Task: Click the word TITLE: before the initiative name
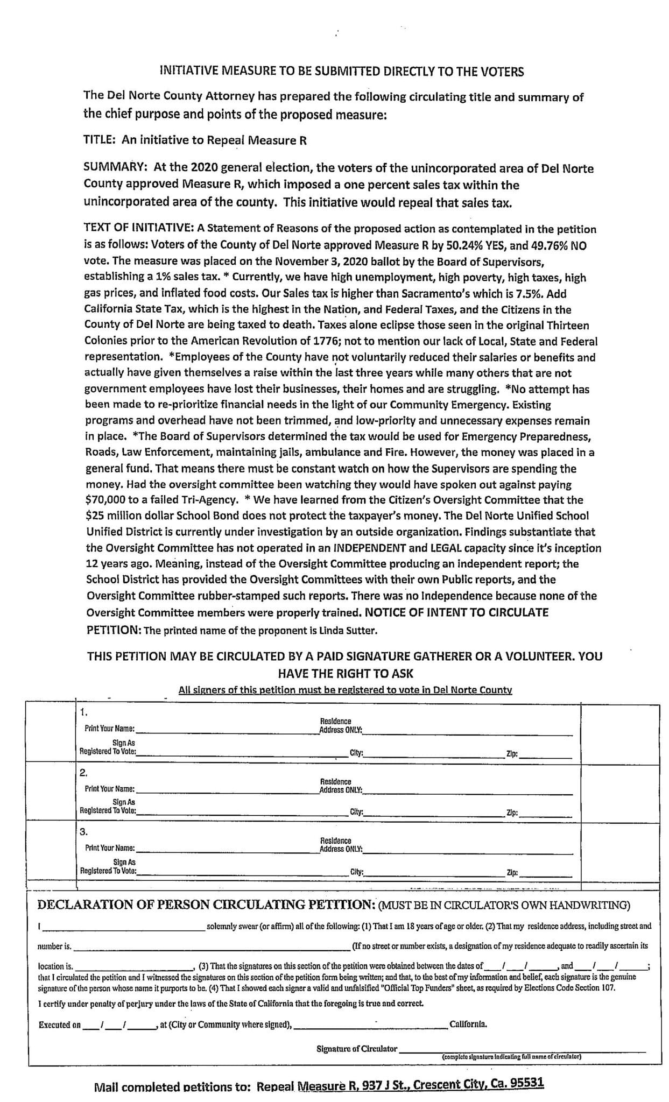click(100, 140)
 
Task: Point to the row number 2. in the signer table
click(83, 773)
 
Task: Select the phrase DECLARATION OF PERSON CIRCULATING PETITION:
click(206, 905)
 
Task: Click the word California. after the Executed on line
click(468, 1025)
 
